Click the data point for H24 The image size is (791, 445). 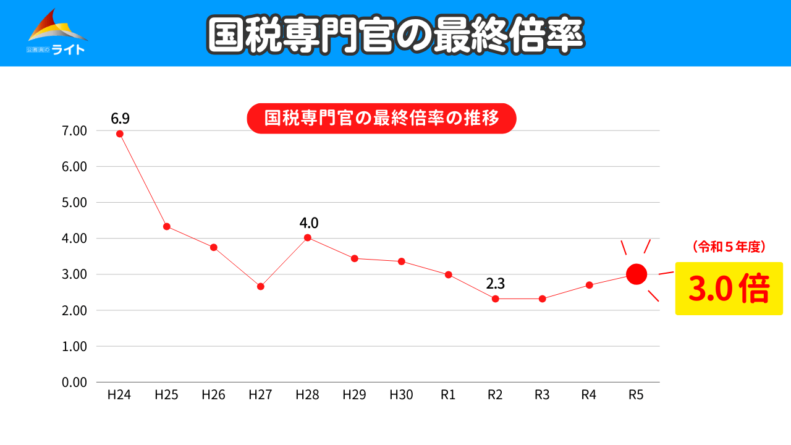120,133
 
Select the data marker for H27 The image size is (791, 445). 261,286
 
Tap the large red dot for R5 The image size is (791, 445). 637,274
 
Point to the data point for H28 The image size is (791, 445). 308,237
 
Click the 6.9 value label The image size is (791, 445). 120,117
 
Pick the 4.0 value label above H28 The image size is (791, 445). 308,222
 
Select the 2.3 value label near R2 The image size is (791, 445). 495,284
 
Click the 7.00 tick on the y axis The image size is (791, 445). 74,131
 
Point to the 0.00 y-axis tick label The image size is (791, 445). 74,382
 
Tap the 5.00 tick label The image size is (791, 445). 74,203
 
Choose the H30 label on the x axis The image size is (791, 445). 402,395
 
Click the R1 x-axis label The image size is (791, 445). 449,395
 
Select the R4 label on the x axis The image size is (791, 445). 589,395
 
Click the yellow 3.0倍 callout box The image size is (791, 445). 729,289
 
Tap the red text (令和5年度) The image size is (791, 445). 729,247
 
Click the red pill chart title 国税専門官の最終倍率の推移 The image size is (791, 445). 381,118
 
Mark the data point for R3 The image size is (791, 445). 542,299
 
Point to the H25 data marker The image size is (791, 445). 167,226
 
